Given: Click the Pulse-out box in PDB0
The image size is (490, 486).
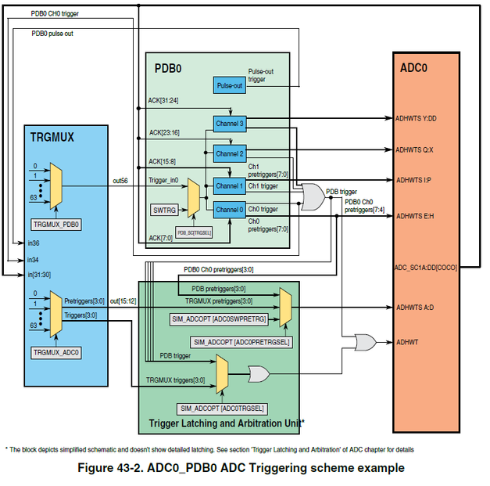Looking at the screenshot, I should (229, 86).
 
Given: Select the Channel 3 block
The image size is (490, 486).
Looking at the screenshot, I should (230, 123).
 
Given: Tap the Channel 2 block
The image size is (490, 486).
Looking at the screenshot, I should (230, 153).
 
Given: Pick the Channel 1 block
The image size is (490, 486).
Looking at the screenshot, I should (230, 186).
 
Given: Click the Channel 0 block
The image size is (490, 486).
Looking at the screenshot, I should (230, 209).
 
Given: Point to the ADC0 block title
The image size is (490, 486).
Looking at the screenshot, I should (414, 67).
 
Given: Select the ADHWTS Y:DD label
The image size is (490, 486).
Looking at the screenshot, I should (417, 118).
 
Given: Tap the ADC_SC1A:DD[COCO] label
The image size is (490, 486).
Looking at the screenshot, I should (427, 267).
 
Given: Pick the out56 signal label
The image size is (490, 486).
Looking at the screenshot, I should (120, 180).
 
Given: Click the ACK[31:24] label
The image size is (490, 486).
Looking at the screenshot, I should (163, 100).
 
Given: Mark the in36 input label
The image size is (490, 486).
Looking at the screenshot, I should (32, 243).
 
